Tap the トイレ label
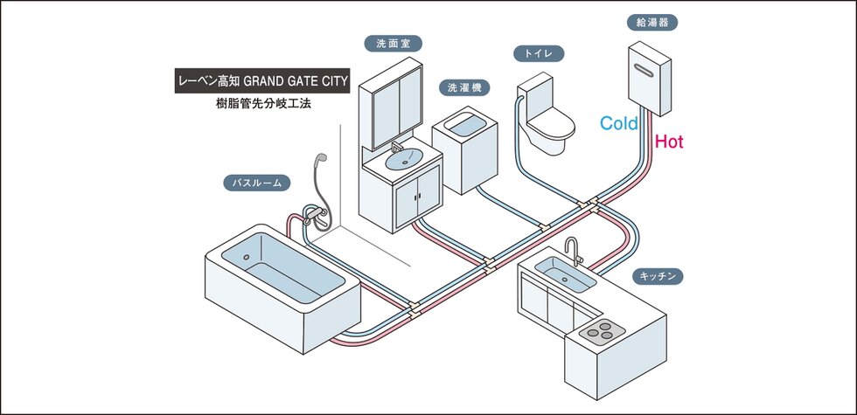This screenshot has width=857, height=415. pyautogui.click(x=539, y=53)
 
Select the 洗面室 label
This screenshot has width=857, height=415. pyautogui.click(x=394, y=44)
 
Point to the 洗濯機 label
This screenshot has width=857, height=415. pyautogui.click(x=464, y=87)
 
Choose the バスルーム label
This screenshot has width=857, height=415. pyautogui.click(x=256, y=183)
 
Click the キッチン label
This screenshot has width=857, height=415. pyautogui.click(x=658, y=276)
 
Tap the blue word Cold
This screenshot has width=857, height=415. pyautogui.click(x=619, y=123)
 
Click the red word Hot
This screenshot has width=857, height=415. pyautogui.click(x=669, y=142)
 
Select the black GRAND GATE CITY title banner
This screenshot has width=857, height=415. pyautogui.click(x=262, y=81)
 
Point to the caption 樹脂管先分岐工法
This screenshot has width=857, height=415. pyautogui.click(x=263, y=104)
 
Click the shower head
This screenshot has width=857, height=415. pyautogui.click(x=320, y=159)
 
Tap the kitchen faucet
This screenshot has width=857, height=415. pyautogui.click(x=572, y=252)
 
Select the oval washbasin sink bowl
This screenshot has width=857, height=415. pyautogui.click(x=404, y=159)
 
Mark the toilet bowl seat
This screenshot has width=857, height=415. pyautogui.click(x=551, y=124)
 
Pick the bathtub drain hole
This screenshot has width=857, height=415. pyautogui.click(x=246, y=257)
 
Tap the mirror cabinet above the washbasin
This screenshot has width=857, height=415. pyautogui.click(x=390, y=104)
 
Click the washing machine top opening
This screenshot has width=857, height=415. pyautogui.click(x=464, y=125)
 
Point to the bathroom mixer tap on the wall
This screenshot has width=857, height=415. pyautogui.click(x=316, y=213)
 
